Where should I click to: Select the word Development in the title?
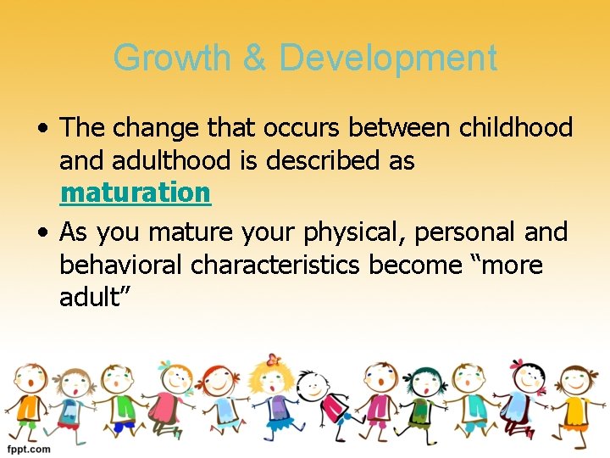click(x=387, y=59)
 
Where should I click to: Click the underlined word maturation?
click(x=135, y=193)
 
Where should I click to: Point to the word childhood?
click(x=516, y=128)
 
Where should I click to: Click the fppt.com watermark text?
click(x=29, y=449)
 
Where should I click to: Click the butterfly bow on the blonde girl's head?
click(x=272, y=359)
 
